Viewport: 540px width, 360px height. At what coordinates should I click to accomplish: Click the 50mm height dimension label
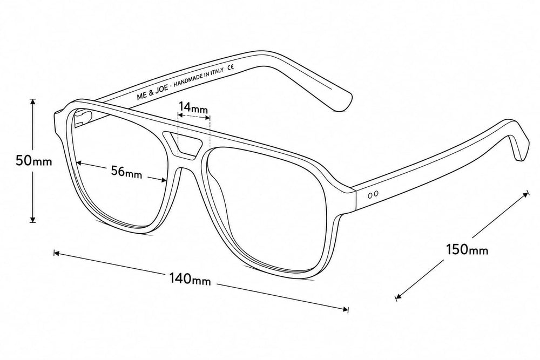pos(33,161)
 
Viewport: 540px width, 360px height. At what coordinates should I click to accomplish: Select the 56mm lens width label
pos(126,172)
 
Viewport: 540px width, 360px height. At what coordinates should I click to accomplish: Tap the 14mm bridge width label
pos(193,107)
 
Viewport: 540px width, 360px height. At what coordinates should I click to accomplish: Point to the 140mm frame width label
pos(190,279)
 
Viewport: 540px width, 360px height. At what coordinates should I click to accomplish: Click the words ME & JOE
pos(153,92)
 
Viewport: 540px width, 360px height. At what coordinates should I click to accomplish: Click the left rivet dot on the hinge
pos(370,195)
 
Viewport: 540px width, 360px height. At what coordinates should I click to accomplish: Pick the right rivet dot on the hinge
pos(376,194)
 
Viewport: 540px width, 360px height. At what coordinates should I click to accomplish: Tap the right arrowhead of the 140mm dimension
pos(345,309)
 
